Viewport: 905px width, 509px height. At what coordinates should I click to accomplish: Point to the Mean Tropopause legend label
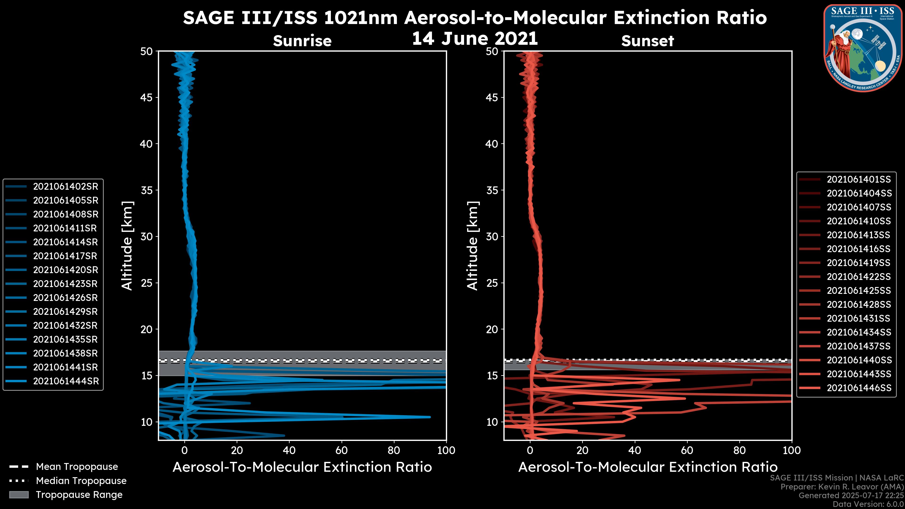coord(77,467)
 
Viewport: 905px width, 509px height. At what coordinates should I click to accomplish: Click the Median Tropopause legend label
coord(81,481)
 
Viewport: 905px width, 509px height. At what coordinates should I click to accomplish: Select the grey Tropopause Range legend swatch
coord(19,495)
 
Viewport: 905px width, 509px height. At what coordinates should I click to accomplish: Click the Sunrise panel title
coord(302,41)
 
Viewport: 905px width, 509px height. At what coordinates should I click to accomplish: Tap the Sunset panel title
coord(647,41)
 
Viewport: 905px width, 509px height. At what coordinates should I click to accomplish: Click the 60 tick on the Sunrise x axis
coord(341,450)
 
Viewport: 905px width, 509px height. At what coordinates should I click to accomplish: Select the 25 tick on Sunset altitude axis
coord(492,283)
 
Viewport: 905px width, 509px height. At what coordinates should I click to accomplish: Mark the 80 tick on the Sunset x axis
coord(740,450)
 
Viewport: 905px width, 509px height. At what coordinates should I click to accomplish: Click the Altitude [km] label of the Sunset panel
coord(473,246)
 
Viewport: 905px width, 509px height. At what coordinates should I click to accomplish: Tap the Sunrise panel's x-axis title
coord(302,467)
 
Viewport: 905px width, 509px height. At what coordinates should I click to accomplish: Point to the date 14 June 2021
coord(475,39)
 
